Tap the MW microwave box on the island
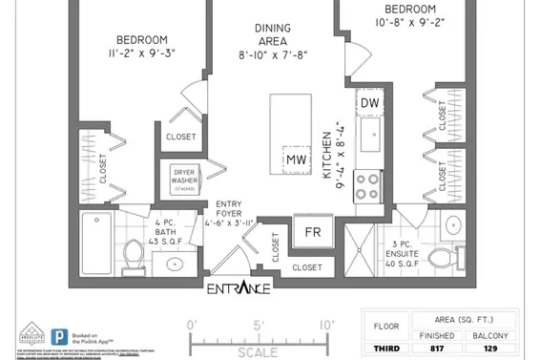[x=296, y=159]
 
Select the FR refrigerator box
[x=311, y=231]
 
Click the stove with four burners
[x=367, y=183]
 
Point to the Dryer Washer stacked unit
[x=184, y=180]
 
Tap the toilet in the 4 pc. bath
[x=135, y=254]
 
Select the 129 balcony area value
[x=491, y=349]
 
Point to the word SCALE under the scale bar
[x=258, y=352]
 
